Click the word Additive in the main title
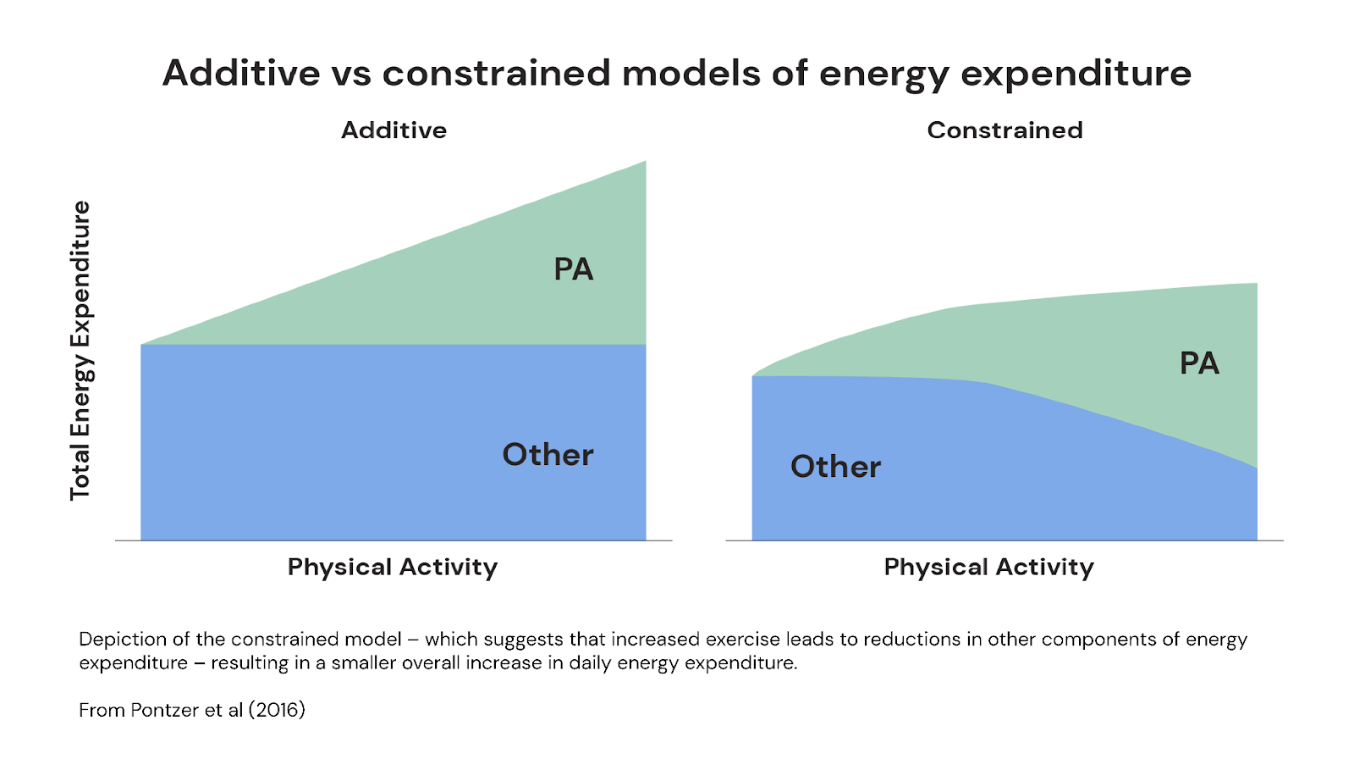(241, 74)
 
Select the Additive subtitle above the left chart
(394, 130)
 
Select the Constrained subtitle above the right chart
(1004, 130)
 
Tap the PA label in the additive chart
(573, 269)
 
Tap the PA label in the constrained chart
(1199, 363)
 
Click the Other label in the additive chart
(548, 455)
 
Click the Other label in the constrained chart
(835, 467)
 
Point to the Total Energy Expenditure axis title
(80, 351)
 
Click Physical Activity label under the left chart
(393, 567)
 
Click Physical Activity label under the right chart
(988, 567)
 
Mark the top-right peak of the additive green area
(644, 163)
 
